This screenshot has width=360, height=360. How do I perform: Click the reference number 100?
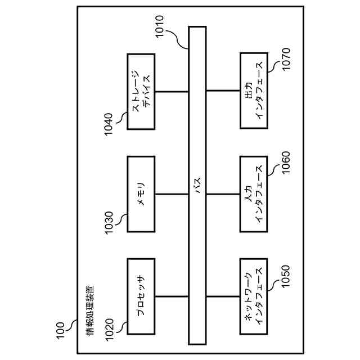60,331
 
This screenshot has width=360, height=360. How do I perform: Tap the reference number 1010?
160,26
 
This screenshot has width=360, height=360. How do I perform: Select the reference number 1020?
109,330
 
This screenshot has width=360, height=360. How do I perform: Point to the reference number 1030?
109,223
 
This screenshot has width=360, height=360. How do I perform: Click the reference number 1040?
109,124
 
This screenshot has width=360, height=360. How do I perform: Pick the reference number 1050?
286,276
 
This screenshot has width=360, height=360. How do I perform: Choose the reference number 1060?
286,163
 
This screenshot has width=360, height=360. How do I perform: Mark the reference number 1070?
286,59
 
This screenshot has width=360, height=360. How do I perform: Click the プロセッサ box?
141,296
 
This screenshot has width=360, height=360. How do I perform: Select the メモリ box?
141,194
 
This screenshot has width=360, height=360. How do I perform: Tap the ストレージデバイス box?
141,92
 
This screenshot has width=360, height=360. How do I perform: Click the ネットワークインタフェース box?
254,296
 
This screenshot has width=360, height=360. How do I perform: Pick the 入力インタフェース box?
254,194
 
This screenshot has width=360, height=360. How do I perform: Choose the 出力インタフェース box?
254,91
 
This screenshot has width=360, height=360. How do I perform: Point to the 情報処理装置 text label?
90,311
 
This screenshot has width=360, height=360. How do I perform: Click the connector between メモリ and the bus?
172,194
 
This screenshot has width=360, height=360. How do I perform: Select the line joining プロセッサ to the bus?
172,296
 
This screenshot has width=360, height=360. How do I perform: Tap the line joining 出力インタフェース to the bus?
223,91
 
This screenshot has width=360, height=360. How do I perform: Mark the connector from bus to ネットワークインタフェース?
223,296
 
